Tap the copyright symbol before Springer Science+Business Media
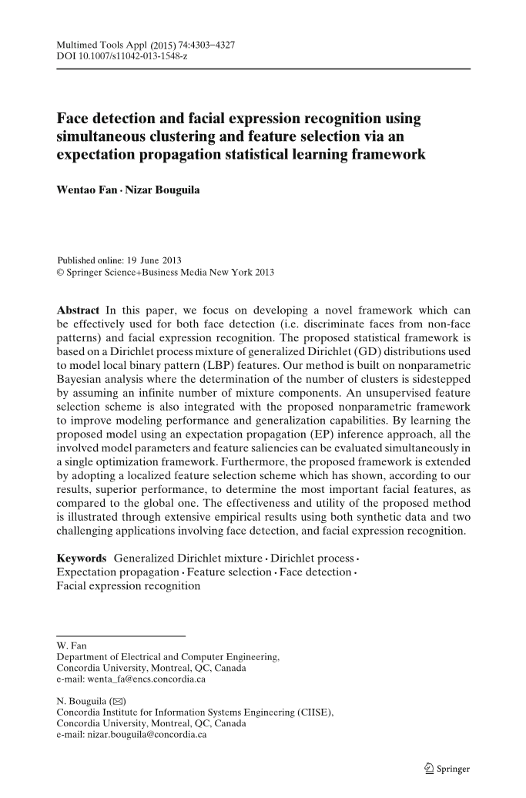(x=62, y=272)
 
